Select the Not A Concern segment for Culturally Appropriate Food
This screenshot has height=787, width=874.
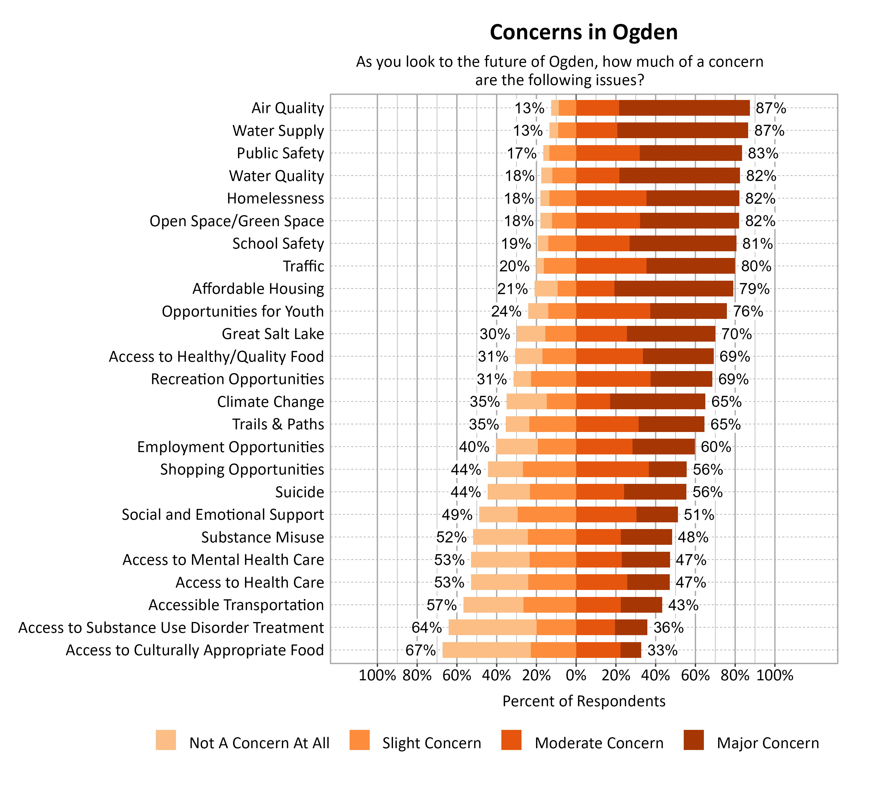click(486, 650)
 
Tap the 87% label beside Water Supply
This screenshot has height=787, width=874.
click(769, 130)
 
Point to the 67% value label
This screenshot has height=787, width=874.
click(420, 650)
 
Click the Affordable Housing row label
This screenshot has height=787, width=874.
click(258, 289)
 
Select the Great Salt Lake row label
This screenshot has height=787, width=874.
click(273, 334)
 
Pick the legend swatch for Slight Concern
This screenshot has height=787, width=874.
click(360, 740)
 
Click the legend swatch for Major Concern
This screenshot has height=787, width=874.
click(694, 740)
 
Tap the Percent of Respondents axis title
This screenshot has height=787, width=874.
click(584, 701)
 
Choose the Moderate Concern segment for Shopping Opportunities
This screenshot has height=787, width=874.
click(612, 469)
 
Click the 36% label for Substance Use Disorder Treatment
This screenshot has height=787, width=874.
click(668, 628)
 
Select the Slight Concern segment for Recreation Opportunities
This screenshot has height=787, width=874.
click(553, 379)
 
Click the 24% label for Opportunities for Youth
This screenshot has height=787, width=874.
click(506, 311)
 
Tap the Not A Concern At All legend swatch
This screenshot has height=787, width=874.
click(166, 740)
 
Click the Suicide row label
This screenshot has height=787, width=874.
click(299, 492)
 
